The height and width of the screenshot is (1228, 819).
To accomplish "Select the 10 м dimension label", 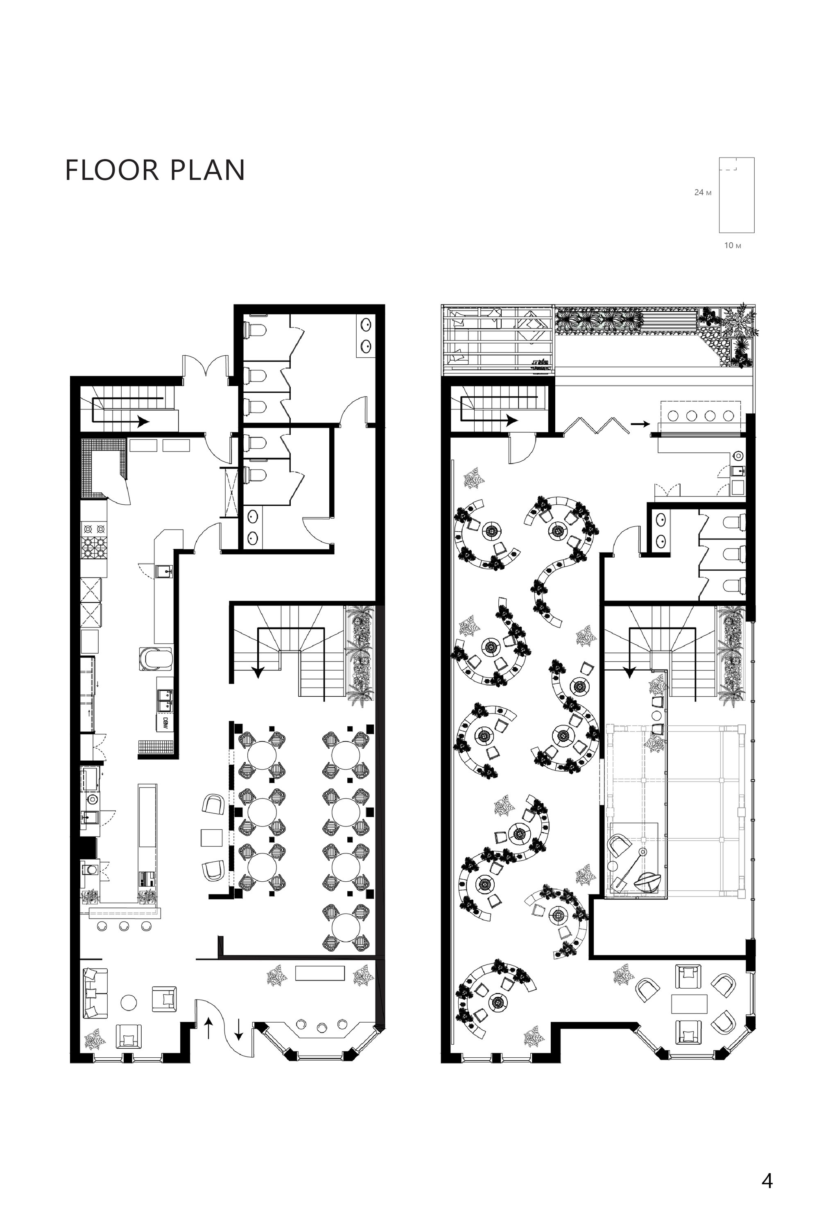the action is [x=732, y=245].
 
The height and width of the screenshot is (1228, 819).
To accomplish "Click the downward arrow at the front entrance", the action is [x=238, y=1028].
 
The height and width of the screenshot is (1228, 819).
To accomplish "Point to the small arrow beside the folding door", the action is [x=640, y=424].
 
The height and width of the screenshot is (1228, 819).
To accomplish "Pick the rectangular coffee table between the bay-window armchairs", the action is [x=689, y=1004].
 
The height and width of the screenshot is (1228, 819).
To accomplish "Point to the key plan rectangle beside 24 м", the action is [x=736, y=195].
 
